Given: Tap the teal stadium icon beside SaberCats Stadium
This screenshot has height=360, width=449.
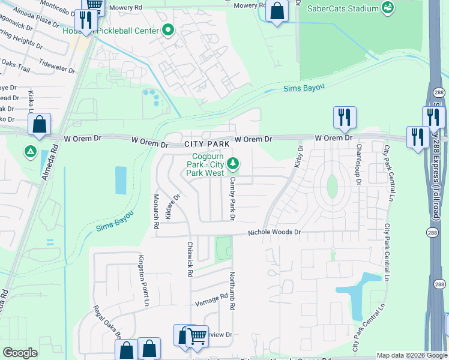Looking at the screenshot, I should click(388, 8).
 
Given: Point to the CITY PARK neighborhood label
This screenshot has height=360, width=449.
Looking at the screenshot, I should click(206, 145).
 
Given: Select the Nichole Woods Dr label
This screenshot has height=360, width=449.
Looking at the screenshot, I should click(274, 232).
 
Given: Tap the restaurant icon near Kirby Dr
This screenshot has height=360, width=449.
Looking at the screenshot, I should click(345, 116).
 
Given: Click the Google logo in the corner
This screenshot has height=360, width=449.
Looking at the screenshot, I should click(20, 353).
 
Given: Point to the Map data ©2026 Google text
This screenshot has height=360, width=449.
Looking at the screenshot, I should click(411, 355).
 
